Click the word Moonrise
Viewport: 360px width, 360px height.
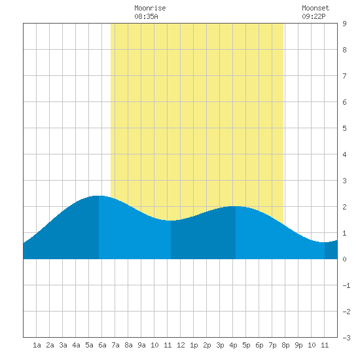click(150, 8)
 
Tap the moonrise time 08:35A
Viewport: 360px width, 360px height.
click(146, 16)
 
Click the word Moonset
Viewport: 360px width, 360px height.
click(315, 8)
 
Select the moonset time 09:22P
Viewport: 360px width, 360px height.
click(314, 16)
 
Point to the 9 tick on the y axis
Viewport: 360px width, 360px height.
click(344, 24)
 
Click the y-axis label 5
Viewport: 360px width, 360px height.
click(344, 128)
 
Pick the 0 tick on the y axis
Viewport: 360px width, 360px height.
click(344, 259)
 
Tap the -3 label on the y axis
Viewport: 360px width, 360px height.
click(346, 338)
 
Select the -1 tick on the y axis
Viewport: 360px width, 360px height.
click(346, 285)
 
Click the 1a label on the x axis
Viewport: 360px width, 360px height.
click(37, 345)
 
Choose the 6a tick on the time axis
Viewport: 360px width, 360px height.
click(102, 345)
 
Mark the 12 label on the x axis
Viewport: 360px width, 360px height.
click(181, 345)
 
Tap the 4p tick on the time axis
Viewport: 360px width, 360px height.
click(233, 345)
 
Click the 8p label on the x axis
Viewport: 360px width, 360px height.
click(285, 345)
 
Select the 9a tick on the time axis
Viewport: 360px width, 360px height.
click(141, 345)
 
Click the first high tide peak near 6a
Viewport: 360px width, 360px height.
click(98, 196)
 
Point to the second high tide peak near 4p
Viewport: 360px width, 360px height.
click(236, 206)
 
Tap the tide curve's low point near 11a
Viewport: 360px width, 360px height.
click(171, 221)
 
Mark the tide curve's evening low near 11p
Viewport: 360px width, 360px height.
click(324, 242)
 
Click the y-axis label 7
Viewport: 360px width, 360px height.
click(344, 76)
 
